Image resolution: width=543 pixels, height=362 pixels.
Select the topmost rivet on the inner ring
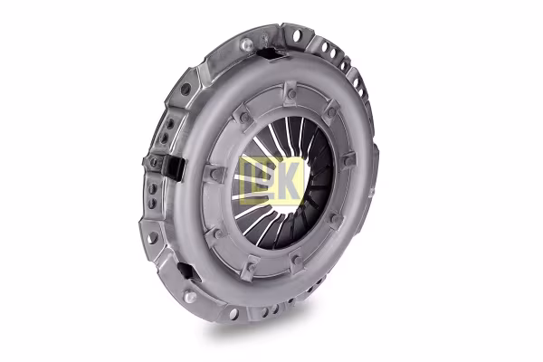pyautogui.click(x=291, y=94)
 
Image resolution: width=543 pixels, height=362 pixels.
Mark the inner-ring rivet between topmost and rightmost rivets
pyautogui.click(x=331, y=113)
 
